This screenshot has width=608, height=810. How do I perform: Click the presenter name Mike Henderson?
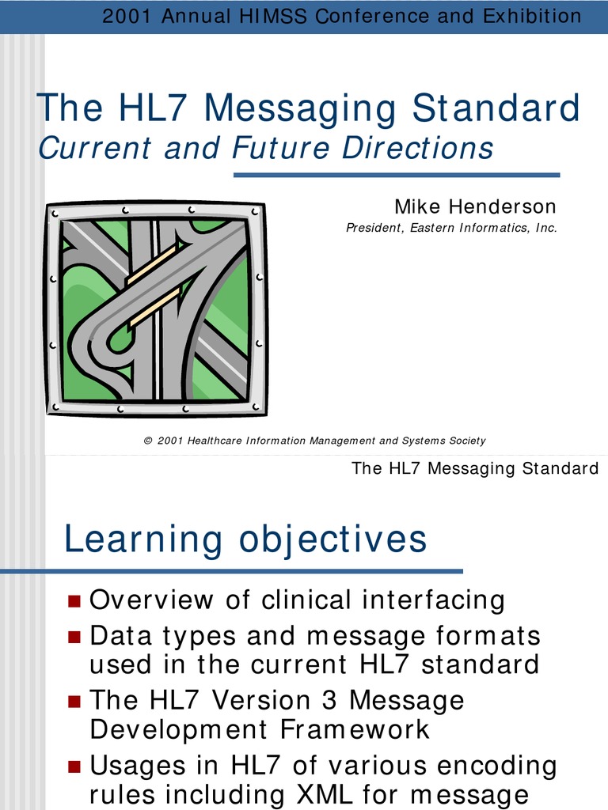pyautogui.click(x=475, y=207)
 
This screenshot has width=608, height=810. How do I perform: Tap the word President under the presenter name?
pyautogui.click(x=374, y=228)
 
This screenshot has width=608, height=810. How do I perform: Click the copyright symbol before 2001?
pyautogui.click(x=148, y=441)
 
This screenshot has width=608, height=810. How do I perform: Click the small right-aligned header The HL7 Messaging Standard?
pyautogui.click(x=475, y=468)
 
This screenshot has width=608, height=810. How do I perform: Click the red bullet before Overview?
pyautogui.click(x=74, y=601)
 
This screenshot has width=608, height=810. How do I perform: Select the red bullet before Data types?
pyautogui.click(x=74, y=636)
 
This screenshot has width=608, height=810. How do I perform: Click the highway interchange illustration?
pyautogui.click(x=156, y=309)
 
